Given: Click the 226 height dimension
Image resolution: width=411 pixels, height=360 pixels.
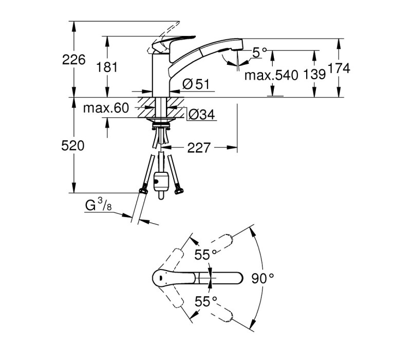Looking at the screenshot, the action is [73, 60].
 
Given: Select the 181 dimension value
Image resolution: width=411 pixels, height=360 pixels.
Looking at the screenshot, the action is [107, 67].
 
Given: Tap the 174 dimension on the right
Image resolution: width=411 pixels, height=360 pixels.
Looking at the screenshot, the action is [339, 68].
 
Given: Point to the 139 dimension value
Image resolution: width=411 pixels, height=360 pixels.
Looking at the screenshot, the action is [314, 75].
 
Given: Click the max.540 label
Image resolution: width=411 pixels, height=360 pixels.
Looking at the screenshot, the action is [271, 75].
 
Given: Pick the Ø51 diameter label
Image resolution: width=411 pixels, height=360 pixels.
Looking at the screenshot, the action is [196, 84].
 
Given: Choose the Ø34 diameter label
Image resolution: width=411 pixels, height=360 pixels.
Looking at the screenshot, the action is [201, 114].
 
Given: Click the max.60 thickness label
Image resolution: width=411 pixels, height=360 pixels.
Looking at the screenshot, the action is [106, 108].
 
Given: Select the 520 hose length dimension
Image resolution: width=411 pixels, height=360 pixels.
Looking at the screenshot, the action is [73, 146].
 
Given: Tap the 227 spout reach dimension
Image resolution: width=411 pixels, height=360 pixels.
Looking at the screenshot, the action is [199, 148].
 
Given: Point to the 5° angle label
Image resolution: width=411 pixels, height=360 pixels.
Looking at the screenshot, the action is [259, 53].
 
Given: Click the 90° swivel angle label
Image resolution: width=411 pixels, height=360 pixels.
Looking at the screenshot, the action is [263, 278].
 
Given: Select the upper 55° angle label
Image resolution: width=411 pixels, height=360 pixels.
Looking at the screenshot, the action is [206, 255].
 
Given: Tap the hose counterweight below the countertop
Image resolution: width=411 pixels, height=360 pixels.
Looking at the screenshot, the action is [161, 182].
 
